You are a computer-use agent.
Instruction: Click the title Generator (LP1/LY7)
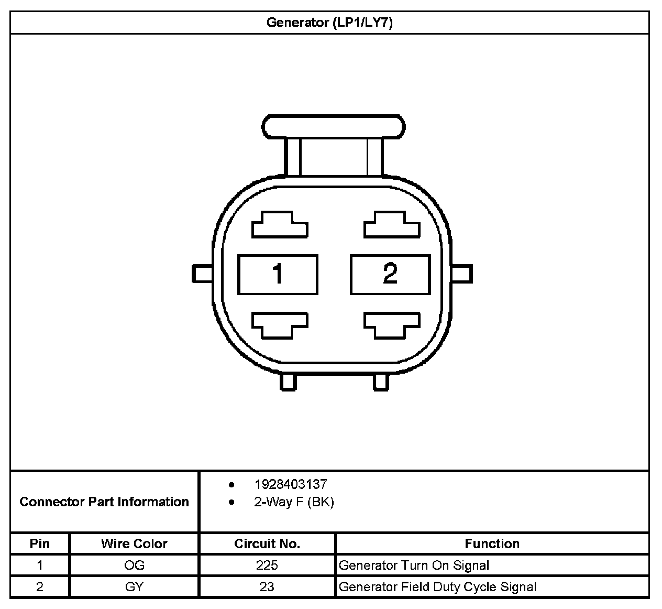329,23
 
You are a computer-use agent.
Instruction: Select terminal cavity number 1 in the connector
278,274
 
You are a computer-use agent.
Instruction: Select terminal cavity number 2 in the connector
390,274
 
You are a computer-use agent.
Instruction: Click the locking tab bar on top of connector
333,127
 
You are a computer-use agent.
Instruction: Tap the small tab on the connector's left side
202,274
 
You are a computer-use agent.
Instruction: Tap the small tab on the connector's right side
462,274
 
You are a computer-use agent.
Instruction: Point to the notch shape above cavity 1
280,225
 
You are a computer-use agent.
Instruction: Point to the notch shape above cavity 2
392,225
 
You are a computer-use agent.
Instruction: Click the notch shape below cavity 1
280,325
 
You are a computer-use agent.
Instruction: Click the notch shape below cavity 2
392,325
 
